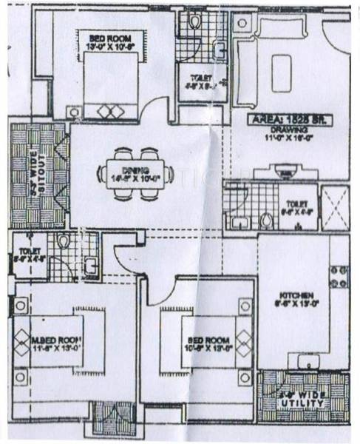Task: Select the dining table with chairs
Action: pyautogui.click(x=138, y=175)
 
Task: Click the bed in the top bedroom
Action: pyautogui.click(x=110, y=87)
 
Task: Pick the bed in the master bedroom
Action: pyautogui.click(x=55, y=341)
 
